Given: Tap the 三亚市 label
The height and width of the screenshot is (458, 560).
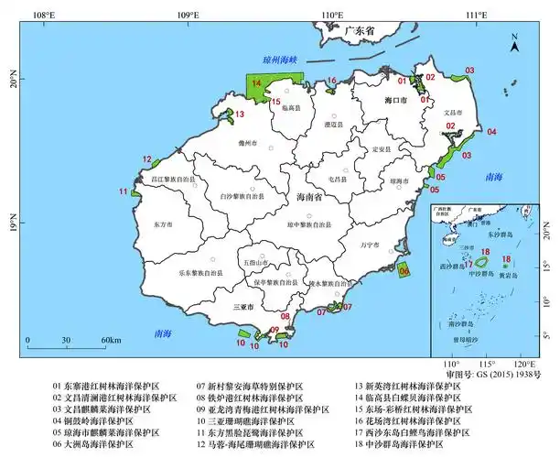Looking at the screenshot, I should (x=244, y=307).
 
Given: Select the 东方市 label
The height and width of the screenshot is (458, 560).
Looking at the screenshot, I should (x=163, y=224).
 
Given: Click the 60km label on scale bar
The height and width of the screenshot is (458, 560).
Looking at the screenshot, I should (x=112, y=341).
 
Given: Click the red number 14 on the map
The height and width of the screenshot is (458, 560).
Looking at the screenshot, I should (x=256, y=83).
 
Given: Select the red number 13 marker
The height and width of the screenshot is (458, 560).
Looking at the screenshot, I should (x=240, y=114).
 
